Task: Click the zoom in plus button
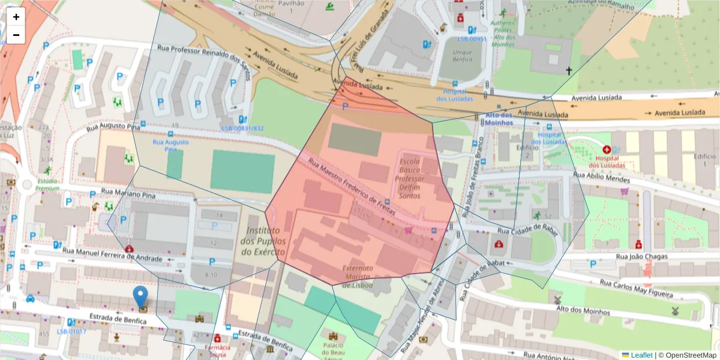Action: point(16,17)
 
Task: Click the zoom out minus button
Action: point(16,35)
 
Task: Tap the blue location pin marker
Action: point(140,298)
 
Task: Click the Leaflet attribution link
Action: point(641,355)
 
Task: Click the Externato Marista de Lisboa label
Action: point(358,277)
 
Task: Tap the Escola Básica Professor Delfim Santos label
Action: point(411,179)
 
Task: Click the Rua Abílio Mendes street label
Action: point(601,178)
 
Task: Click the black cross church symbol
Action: point(569,71)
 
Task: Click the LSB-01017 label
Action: point(71,331)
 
